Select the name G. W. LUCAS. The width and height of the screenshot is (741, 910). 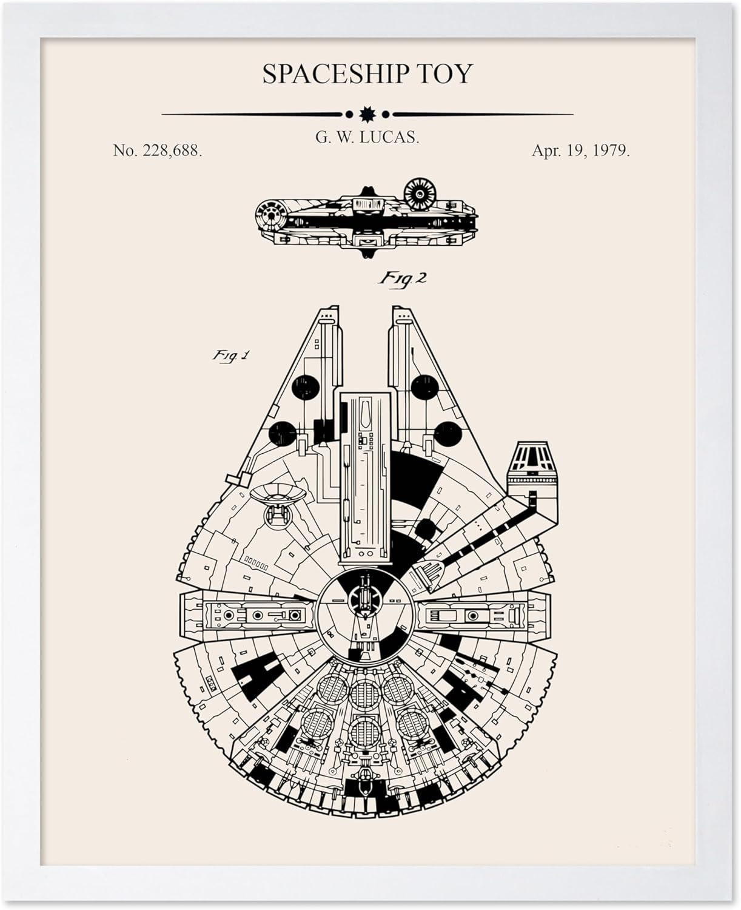click(x=367, y=138)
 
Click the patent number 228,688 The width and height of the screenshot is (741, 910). click(x=172, y=151)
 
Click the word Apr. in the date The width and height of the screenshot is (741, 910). click(x=546, y=151)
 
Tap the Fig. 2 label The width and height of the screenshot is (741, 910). click(x=403, y=278)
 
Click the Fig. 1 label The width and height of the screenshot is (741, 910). click(x=230, y=356)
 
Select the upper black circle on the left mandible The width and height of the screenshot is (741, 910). click(x=305, y=388)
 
